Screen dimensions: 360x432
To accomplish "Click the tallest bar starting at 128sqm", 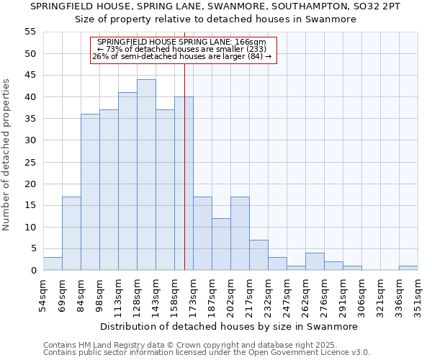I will tap(146, 175).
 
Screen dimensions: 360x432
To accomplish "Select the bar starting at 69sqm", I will tap(71, 233).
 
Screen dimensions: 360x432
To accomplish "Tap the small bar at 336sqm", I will tap(408, 268).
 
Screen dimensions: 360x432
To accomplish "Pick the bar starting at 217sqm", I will tap(258, 255).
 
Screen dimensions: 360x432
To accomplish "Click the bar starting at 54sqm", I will tap(53, 264).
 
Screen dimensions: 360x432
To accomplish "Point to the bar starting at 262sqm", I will tap(315, 261).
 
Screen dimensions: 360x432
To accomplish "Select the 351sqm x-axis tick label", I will tap(418, 294).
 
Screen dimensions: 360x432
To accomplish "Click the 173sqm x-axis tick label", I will tap(193, 294).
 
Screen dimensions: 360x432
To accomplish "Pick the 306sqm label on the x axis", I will tap(361, 294).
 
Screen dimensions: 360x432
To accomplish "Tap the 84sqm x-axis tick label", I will tap(81, 294).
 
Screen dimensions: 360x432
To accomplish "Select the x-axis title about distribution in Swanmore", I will tap(228, 326).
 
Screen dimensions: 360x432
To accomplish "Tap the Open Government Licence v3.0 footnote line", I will tap(207, 353).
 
